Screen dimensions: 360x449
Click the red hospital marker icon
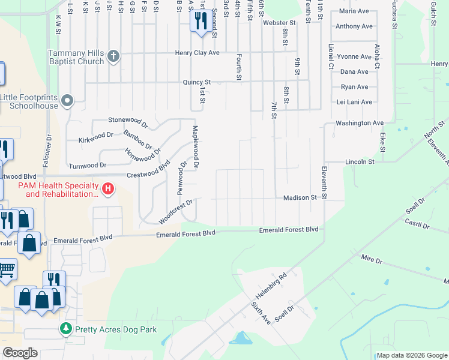(108, 189)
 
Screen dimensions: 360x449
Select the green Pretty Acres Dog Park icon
(65, 329)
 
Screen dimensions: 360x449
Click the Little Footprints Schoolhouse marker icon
(67, 101)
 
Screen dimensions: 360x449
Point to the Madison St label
(300, 197)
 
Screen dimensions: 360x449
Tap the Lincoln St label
(360, 162)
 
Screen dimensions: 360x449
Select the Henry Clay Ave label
(197, 53)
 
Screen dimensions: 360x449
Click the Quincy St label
(197, 82)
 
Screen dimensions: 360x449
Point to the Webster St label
(280, 23)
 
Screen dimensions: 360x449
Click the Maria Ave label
(354, 11)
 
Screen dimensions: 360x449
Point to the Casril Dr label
(417, 224)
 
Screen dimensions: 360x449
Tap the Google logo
(20, 353)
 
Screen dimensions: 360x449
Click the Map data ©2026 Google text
(411, 355)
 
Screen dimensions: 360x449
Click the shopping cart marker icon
(7, 269)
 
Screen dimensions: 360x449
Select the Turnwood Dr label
(88, 164)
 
